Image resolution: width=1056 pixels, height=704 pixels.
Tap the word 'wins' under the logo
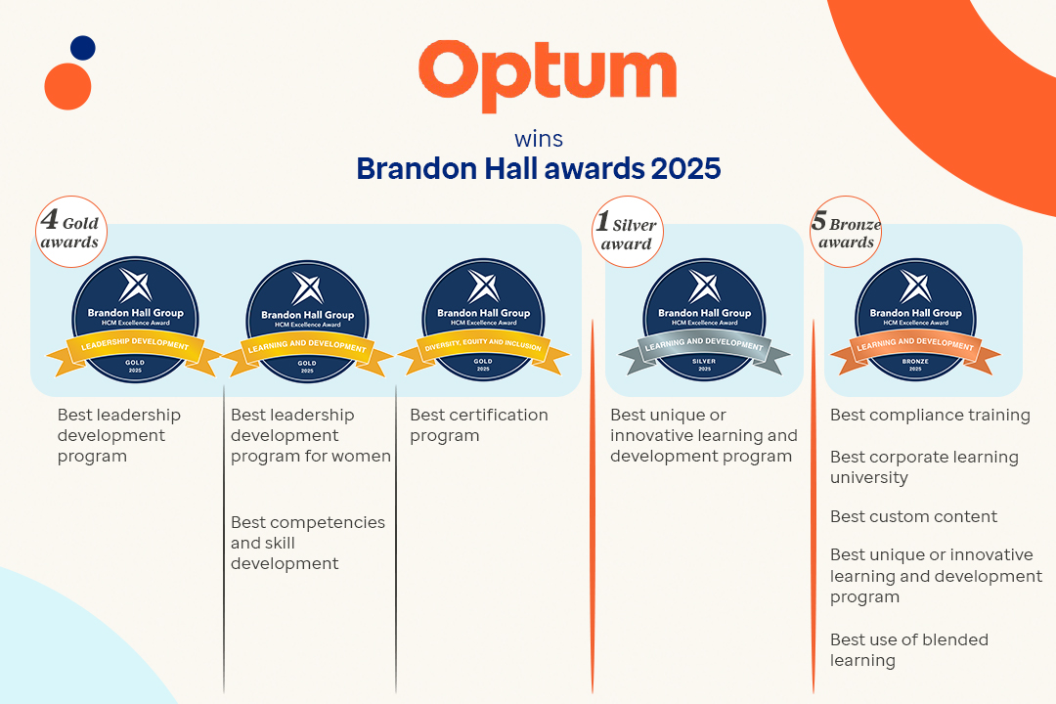point(539,139)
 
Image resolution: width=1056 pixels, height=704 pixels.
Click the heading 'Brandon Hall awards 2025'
point(539,168)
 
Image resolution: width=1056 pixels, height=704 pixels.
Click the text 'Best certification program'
point(478,425)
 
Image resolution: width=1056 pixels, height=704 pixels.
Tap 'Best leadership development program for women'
point(310,435)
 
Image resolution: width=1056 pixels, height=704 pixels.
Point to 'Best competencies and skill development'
point(307,543)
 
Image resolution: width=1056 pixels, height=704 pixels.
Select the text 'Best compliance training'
point(930,416)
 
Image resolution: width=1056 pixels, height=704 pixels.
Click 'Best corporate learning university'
point(924,467)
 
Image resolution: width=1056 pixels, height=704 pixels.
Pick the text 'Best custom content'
point(913,516)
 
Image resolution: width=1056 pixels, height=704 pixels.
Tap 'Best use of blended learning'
point(908,650)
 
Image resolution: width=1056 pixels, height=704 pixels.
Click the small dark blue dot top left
point(83,48)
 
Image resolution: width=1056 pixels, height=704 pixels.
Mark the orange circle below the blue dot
point(67,86)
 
